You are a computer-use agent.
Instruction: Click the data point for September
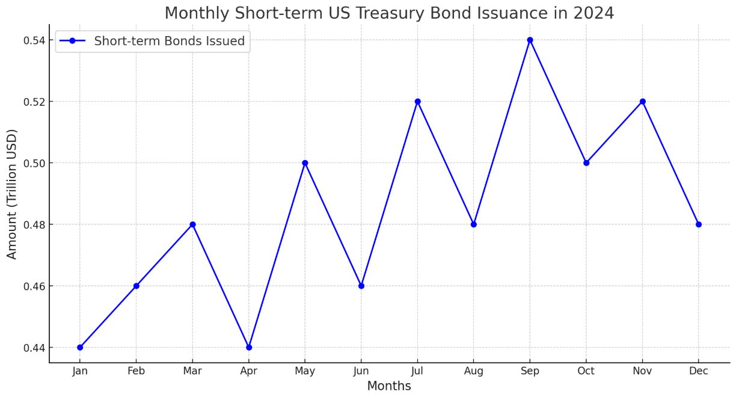pos(530,40)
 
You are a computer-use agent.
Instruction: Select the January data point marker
pos(80,348)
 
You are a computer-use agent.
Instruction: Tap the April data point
pos(249,348)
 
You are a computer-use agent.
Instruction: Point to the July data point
pos(418,102)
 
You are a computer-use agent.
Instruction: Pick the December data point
pos(699,224)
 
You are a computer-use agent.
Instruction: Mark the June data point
pos(361,286)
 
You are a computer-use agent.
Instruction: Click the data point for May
pos(305,163)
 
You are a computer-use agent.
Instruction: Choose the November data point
pos(643,102)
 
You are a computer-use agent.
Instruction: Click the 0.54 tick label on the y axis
pos(34,41)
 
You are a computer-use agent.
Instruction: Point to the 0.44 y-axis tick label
pos(34,348)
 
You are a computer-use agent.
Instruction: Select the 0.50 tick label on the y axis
pos(34,164)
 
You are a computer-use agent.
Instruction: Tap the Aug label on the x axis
pos(473,371)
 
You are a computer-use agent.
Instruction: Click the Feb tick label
pos(136,371)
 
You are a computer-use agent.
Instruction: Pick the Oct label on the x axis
pos(586,371)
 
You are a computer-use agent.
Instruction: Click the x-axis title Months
pos(389,386)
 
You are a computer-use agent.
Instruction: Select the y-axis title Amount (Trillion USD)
pos(11,194)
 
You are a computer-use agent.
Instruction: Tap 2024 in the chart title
pos(593,13)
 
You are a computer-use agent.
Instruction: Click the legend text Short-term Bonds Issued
pos(170,41)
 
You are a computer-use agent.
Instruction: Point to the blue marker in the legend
pos(73,41)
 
